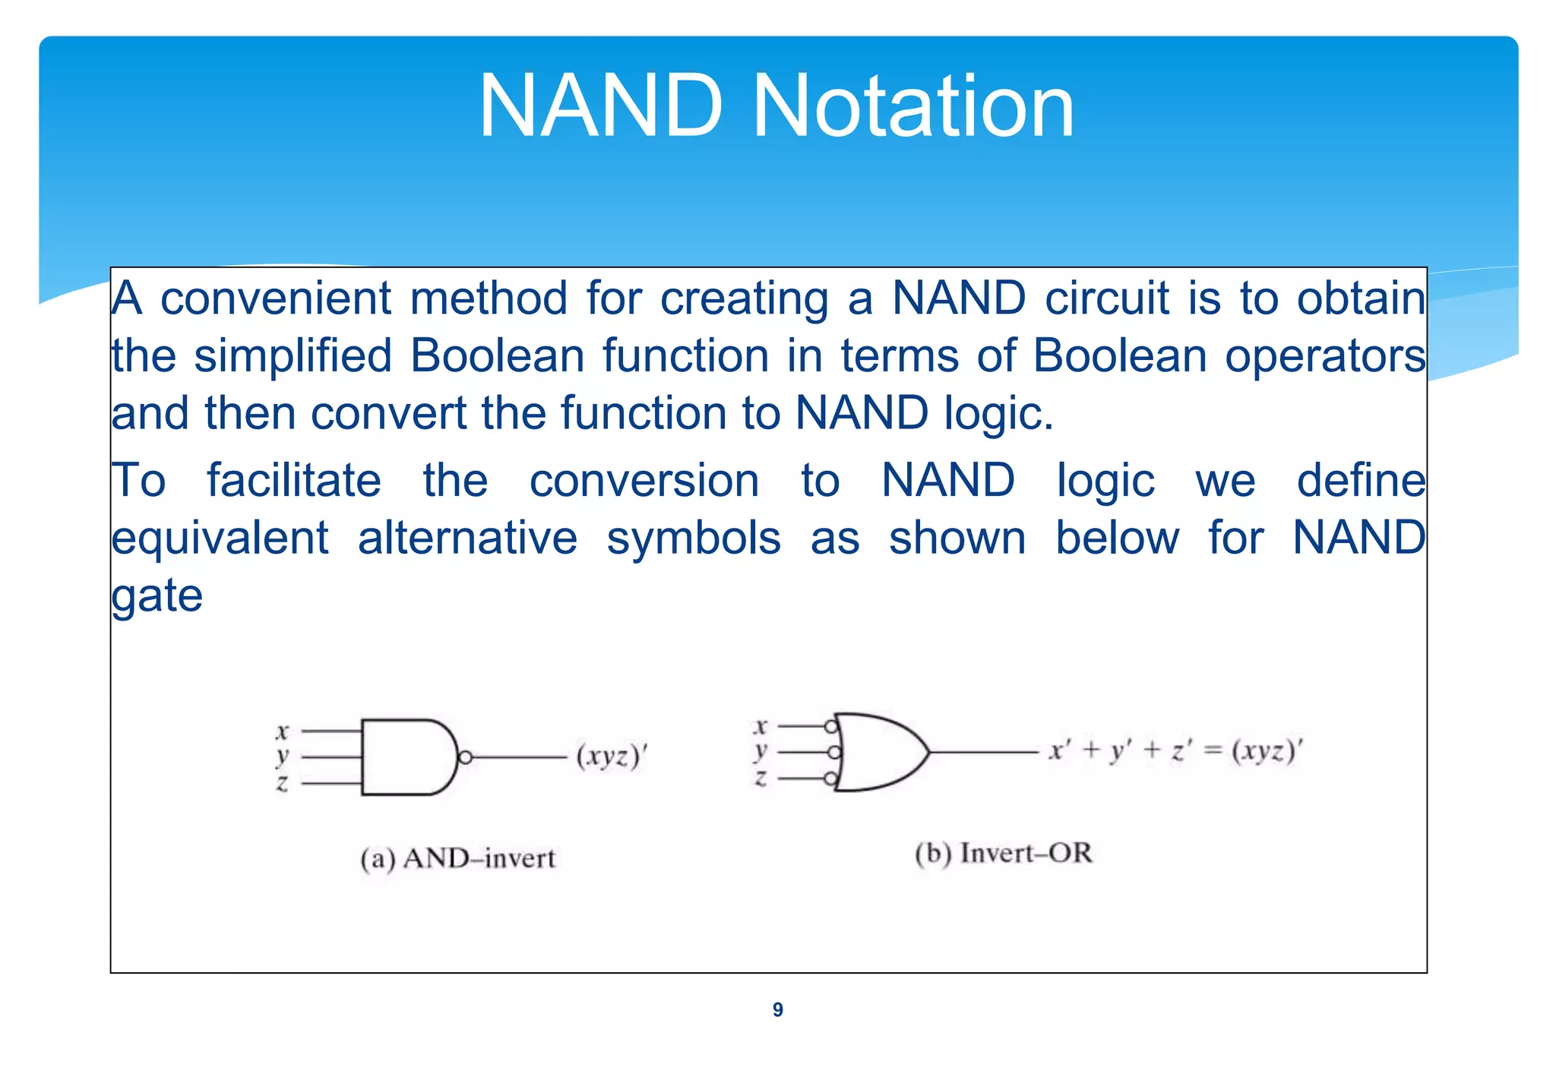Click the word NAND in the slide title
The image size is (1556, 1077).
coord(600,106)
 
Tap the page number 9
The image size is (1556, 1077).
coord(777,1009)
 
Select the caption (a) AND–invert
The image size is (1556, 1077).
coord(457,859)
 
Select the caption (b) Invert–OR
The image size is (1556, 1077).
coord(1004,854)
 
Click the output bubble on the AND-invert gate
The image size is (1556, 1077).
coord(466,757)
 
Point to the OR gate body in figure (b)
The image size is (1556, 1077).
coord(878,752)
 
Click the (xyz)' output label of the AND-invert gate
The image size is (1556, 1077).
coord(612,756)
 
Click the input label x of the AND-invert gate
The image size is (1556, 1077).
coord(282,731)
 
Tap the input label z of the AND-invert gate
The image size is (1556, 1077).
coord(282,783)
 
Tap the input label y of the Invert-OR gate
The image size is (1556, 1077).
coord(760,752)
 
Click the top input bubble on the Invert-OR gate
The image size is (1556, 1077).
coord(831,727)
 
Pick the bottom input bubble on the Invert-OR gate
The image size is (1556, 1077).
coord(831,779)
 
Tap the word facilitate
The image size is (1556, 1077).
coord(294,481)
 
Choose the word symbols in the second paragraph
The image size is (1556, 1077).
coord(694,538)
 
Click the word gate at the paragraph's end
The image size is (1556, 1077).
coord(157,595)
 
